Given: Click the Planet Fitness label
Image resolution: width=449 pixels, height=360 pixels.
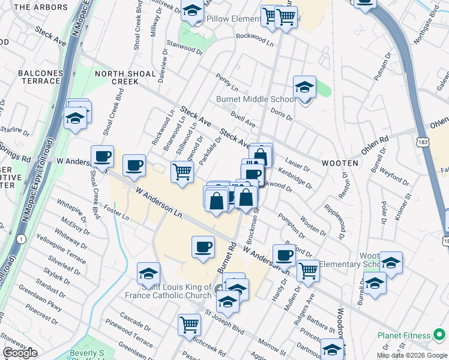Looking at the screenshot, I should pyautogui.click(x=404, y=335).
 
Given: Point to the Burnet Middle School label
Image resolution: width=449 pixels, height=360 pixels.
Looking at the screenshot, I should pyautogui.click(x=255, y=100).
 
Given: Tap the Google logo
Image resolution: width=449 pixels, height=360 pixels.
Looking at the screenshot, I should pyautogui.click(x=20, y=353).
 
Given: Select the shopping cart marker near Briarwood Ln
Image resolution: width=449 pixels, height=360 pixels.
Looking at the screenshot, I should pyautogui.click(x=182, y=171).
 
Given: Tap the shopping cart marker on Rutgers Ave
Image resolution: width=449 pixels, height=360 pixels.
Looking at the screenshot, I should pyautogui.click(x=308, y=270).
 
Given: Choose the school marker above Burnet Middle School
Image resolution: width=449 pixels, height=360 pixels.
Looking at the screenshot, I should pyautogui.click(x=305, y=87).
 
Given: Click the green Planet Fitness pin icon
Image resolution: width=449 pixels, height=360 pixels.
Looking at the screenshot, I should pyautogui.click(x=441, y=335).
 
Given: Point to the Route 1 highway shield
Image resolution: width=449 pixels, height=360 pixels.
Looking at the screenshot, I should pyautogui.click(x=22, y=239).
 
